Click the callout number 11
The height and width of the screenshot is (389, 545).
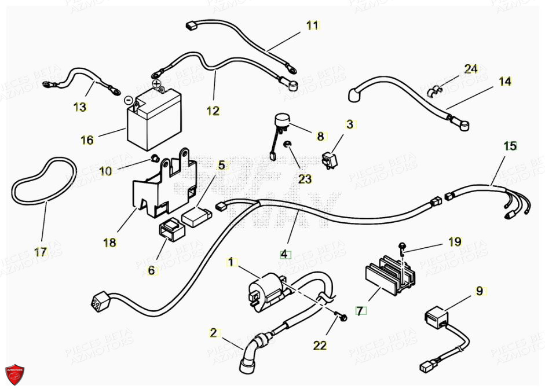click(x=313, y=25)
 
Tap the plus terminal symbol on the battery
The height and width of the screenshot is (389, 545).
click(x=156, y=84)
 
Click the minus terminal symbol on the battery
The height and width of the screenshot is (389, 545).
click(x=129, y=98)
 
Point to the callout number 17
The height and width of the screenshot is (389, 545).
click(x=40, y=252)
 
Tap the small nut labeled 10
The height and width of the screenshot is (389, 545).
click(x=154, y=158)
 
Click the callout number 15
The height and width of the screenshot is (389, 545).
click(x=510, y=146)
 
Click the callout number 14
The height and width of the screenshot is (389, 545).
click(x=505, y=82)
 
